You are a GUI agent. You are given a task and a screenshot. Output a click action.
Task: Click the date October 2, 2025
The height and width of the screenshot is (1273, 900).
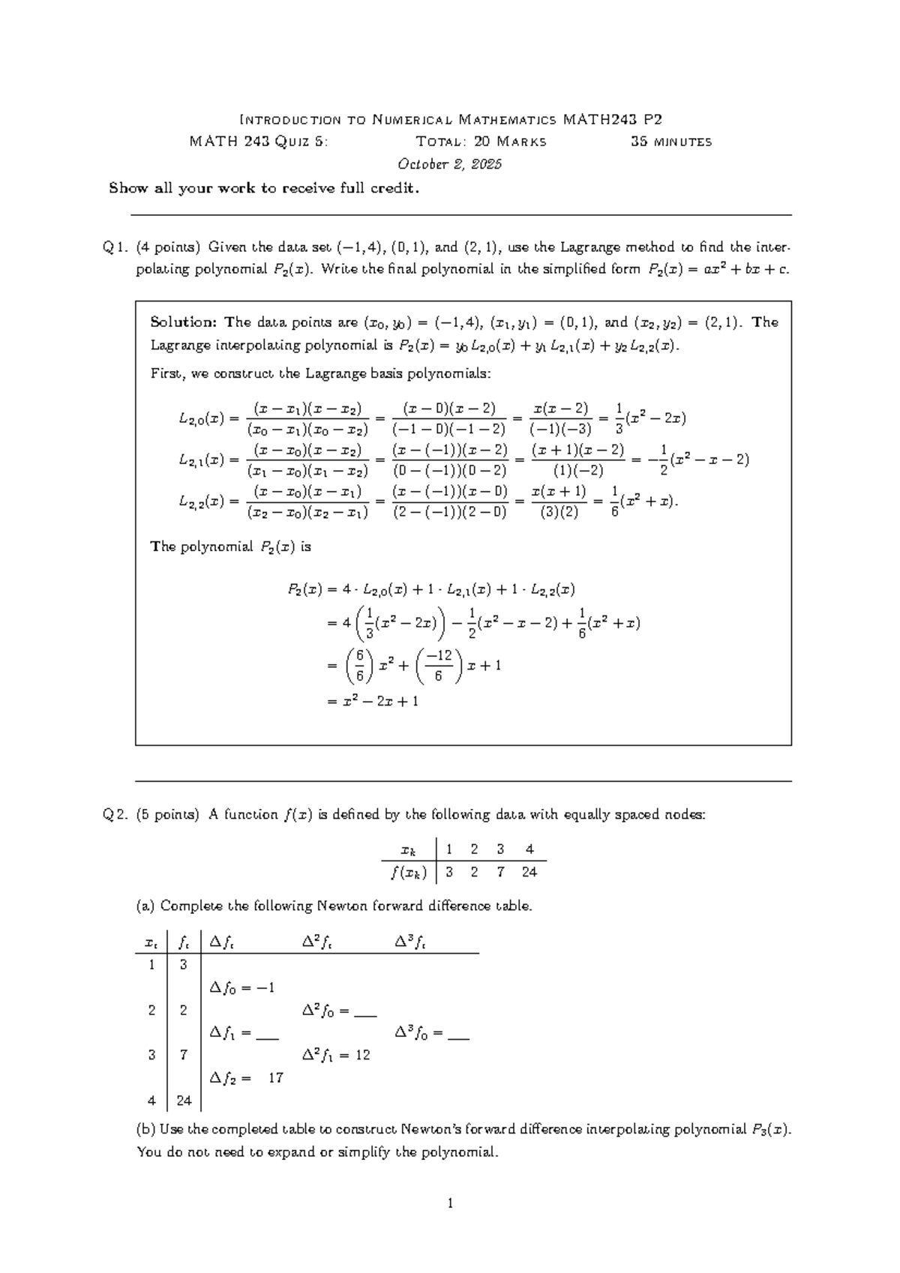click(x=450, y=164)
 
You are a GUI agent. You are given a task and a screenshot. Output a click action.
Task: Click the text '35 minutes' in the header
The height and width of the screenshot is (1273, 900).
click(x=671, y=142)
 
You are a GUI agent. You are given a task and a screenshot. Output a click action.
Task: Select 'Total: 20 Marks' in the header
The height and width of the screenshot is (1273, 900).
click(x=481, y=142)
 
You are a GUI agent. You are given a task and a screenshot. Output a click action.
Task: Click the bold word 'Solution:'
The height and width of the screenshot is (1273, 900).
click(x=183, y=322)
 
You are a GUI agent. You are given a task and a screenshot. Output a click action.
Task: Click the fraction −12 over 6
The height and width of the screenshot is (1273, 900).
click(x=438, y=666)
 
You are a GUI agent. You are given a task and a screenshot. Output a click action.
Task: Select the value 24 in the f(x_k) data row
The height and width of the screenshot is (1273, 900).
click(x=529, y=872)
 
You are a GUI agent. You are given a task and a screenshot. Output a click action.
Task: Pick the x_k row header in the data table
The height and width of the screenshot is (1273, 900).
click(x=408, y=850)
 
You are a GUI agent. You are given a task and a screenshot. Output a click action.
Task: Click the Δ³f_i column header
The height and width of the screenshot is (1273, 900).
click(x=410, y=942)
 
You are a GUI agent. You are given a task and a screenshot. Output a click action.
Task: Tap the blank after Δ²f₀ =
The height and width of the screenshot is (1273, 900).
click(x=364, y=1011)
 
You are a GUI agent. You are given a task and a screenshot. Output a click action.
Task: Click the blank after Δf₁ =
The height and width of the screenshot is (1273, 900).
click(x=267, y=1034)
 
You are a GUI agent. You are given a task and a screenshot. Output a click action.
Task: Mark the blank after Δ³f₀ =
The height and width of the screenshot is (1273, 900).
click(x=457, y=1034)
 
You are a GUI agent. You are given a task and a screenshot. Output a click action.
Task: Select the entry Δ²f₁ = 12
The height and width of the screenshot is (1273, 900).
click(x=336, y=1055)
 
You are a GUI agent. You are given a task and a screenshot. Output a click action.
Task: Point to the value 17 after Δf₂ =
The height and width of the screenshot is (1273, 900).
click(x=275, y=1078)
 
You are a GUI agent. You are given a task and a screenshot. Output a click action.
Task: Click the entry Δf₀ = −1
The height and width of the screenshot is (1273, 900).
click(x=242, y=988)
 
